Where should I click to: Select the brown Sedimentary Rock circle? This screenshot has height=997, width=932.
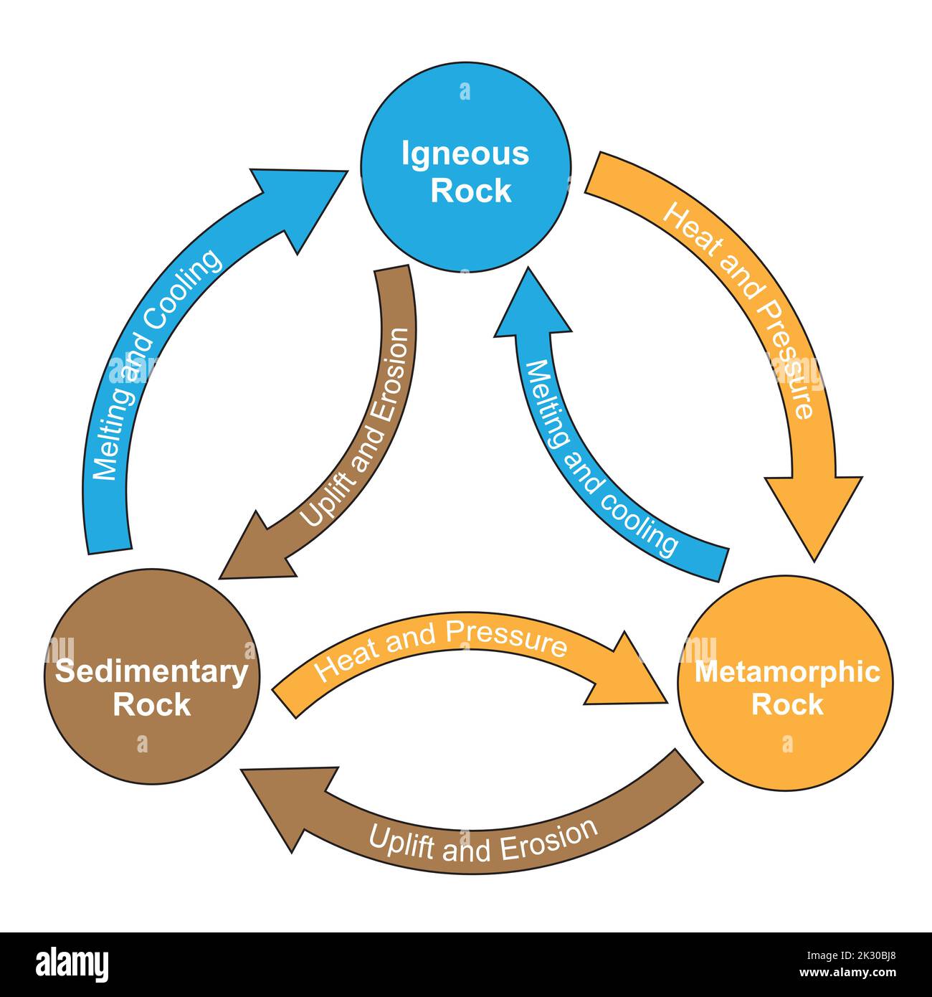point(151,746)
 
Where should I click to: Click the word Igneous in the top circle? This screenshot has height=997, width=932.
point(465,154)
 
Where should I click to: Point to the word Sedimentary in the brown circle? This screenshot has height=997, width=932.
point(151,672)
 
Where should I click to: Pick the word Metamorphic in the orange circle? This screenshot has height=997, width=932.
point(787,672)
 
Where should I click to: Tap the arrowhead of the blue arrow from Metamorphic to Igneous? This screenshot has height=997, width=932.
point(530,308)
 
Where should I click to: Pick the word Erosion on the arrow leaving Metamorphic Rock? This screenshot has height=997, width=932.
point(548,839)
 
